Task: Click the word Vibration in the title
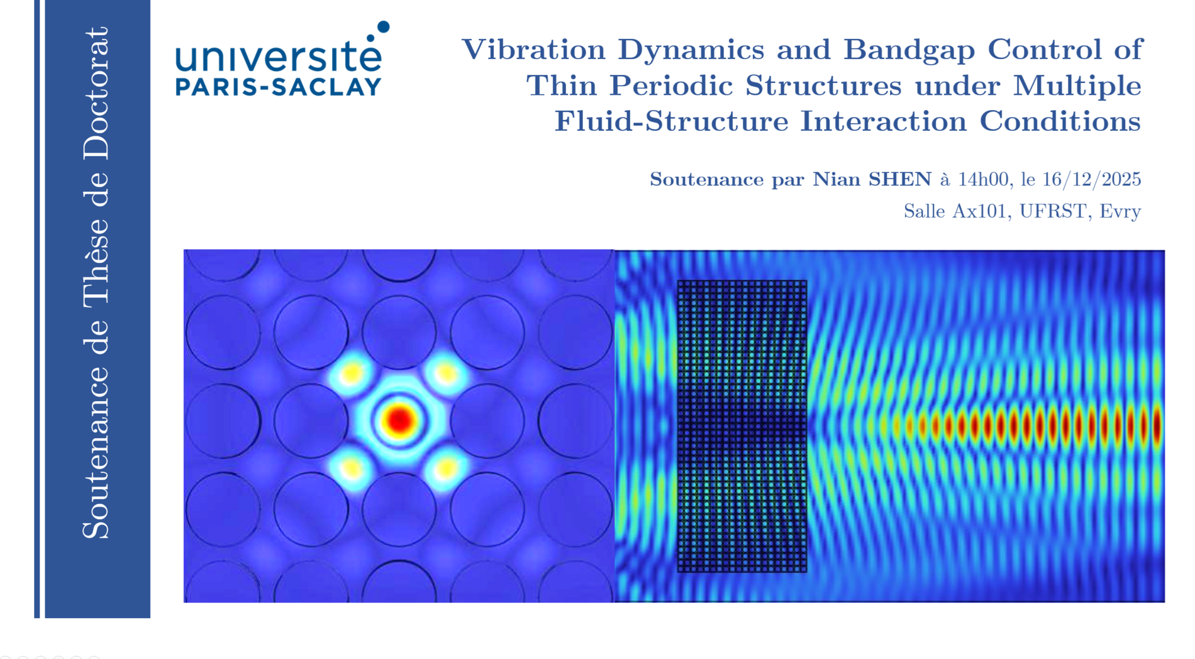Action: coord(533,50)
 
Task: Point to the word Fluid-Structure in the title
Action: coord(671,121)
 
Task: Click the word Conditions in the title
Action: coord(1060,121)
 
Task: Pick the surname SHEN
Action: coord(900,179)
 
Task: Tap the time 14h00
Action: coord(983,180)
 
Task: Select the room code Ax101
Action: coord(979,211)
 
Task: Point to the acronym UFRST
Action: coord(1053,211)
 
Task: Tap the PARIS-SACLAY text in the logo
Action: coord(279,87)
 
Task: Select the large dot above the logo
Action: coord(383,27)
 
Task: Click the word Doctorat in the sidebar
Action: coord(96,93)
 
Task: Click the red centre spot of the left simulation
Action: coord(399,419)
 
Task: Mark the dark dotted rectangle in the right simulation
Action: coord(742,426)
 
